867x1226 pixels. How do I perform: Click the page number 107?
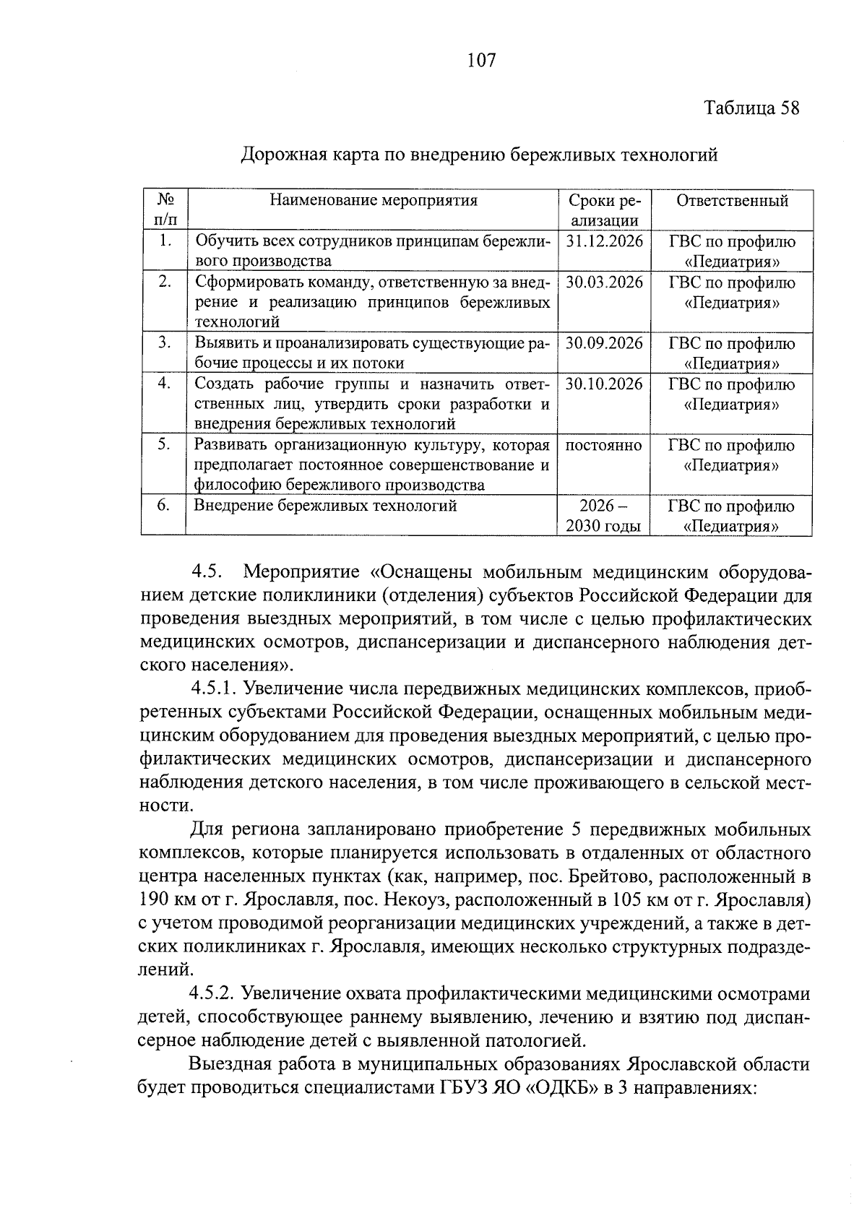(x=481, y=61)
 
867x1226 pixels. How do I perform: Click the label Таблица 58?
(x=752, y=108)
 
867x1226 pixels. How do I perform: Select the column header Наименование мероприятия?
(x=373, y=201)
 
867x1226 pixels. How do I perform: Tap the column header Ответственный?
(x=731, y=201)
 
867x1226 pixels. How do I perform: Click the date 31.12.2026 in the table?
(x=604, y=241)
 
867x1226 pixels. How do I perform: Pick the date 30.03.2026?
(x=604, y=282)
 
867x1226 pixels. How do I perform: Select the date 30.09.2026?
(x=604, y=343)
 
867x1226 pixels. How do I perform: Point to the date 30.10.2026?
(x=604, y=384)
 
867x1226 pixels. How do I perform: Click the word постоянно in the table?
(x=603, y=445)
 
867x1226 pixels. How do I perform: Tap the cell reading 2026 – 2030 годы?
(x=603, y=516)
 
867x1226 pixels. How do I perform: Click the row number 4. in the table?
(x=164, y=384)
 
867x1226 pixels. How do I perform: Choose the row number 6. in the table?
(x=164, y=506)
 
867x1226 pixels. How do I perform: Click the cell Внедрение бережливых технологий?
(x=325, y=506)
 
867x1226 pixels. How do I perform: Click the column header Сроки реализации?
(x=603, y=210)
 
